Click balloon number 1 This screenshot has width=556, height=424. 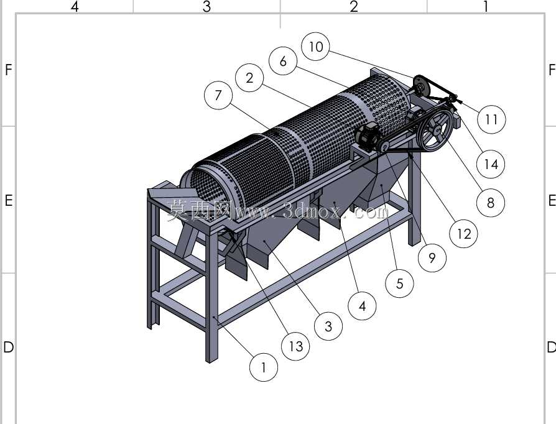264,367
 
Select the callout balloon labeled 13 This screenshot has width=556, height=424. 295,346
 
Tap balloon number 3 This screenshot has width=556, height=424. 328,326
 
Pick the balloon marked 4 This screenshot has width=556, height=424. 362,306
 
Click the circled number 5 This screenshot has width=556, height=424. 400,283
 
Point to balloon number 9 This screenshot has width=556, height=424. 432,258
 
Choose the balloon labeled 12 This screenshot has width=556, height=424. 463,233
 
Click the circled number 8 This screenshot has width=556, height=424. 491,203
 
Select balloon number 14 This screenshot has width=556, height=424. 491,164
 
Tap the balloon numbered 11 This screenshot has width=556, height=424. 491,119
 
